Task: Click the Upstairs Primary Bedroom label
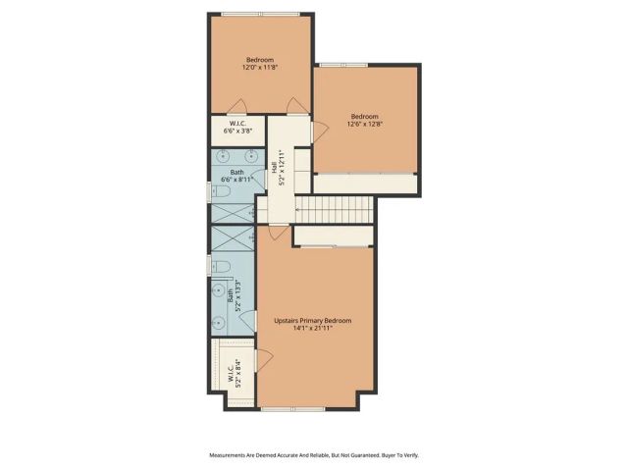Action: (312, 321)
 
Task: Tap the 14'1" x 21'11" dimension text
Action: (312, 329)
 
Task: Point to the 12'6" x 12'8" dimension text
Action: (365, 124)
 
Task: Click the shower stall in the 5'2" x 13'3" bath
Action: (232, 239)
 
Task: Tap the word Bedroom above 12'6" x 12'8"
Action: (365, 116)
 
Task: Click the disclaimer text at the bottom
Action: (314, 454)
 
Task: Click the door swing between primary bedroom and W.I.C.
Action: (263, 360)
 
